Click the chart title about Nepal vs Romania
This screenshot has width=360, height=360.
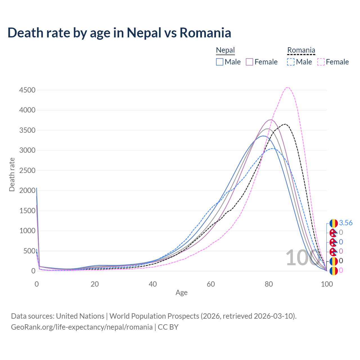tap(119, 33)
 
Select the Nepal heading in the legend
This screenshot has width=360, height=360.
tap(225, 50)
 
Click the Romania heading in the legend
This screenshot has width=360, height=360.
tap(301, 50)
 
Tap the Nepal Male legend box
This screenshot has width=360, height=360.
tap(220, 62)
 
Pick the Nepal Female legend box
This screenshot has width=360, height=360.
tap(249, 62)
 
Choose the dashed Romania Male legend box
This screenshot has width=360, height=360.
tap(291, 62)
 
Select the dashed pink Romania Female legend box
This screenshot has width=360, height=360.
tap(321, 62)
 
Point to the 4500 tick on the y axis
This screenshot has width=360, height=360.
tap(27, 90)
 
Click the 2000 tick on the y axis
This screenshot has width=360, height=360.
tap(27, 190)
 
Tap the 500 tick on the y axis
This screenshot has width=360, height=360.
tap(29, 251)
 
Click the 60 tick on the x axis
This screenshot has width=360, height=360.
tap(211, 284)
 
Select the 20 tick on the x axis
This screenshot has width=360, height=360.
tap(95, 284)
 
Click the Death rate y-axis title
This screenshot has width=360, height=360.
tap(12, 174)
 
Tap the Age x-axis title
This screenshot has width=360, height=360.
tap(181, 293)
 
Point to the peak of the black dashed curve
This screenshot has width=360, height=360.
tap(285, 124)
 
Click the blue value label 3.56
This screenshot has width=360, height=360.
tap(346, 223)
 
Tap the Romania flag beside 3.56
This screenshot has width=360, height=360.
tap(334, 223)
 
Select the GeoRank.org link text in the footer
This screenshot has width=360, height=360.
tap(82, 327)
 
